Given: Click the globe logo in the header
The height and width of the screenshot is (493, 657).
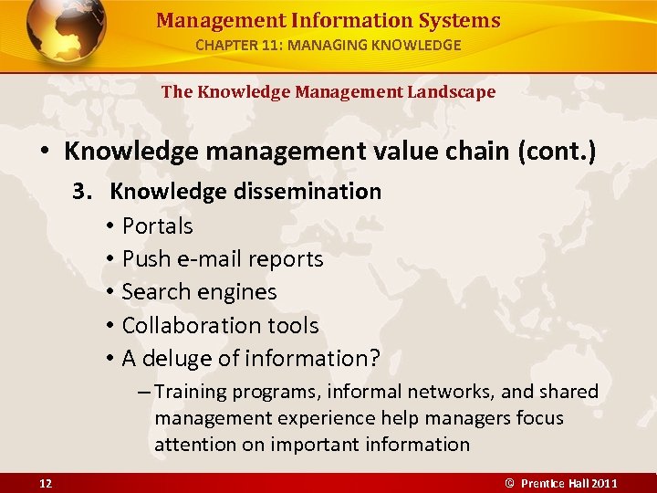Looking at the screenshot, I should [67, 30].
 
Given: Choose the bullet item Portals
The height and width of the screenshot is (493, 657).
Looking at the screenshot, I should [157, 226].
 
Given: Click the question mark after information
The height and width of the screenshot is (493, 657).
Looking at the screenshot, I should [373, 359].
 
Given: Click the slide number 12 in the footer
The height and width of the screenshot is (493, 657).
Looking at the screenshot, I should [46, 483].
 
